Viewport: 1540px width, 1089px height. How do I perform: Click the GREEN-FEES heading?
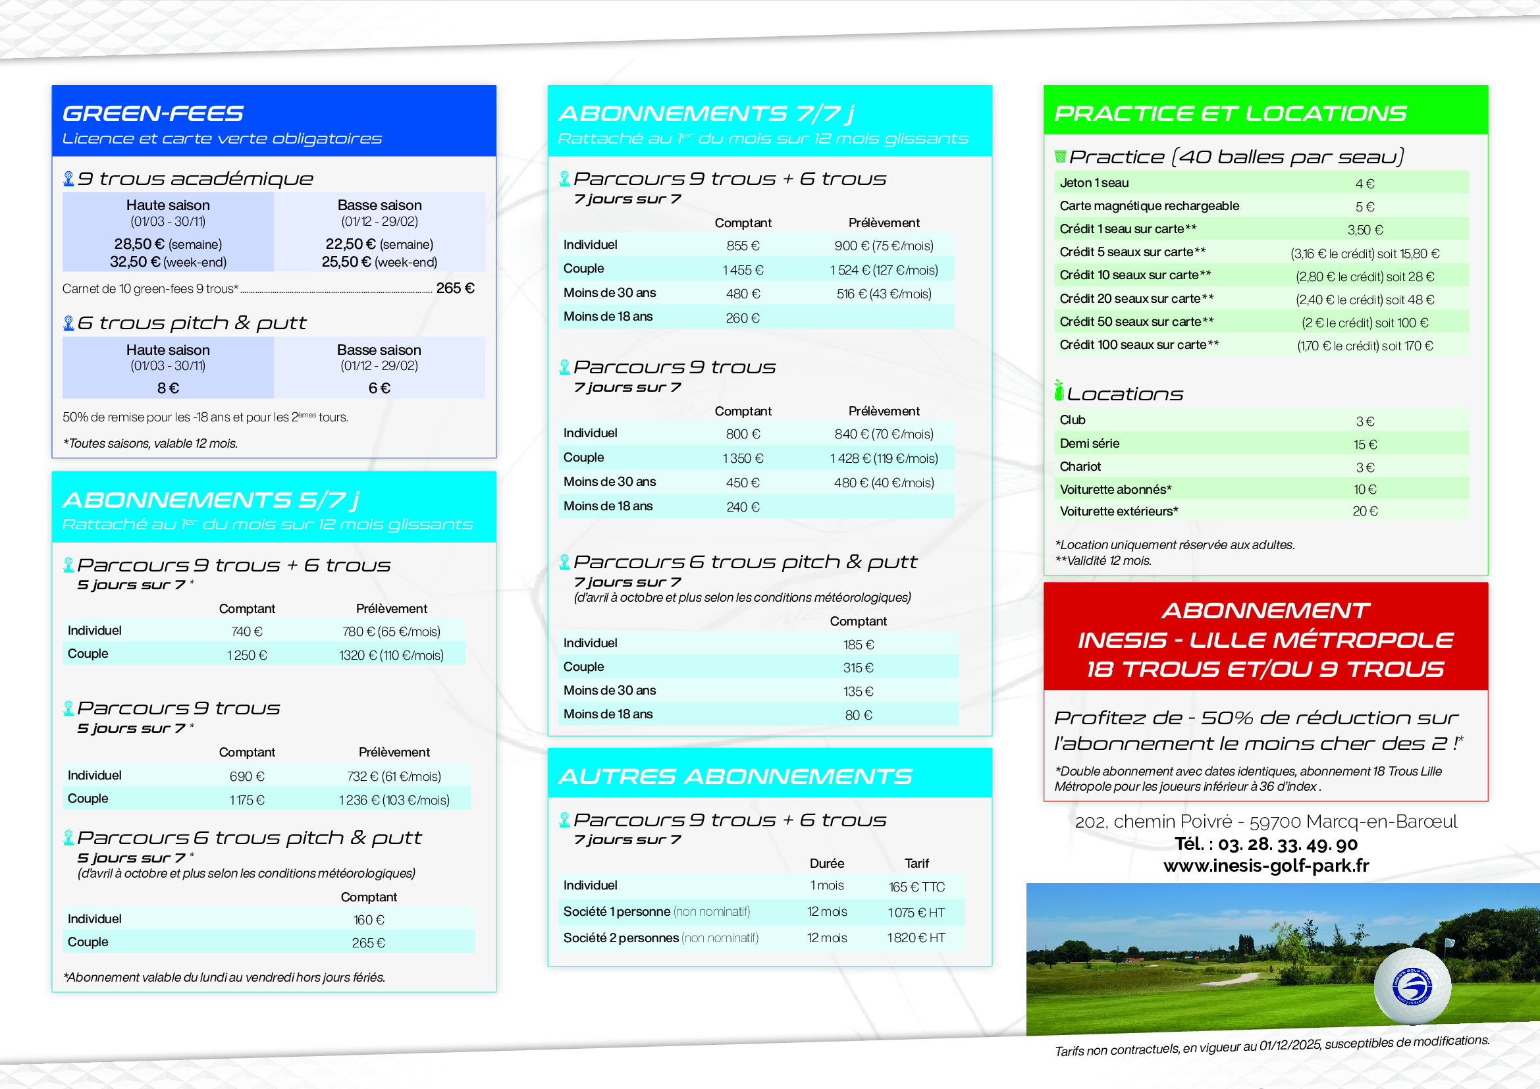(x=153, y=113)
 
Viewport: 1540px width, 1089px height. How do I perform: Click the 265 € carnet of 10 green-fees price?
(x=455, y=288)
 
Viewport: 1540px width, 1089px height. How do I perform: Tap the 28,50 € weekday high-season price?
(x=140, y=244)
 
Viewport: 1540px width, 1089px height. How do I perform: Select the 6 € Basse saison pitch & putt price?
(x=379, y=388)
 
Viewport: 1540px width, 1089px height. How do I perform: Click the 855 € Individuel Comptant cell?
(x=742, y=246)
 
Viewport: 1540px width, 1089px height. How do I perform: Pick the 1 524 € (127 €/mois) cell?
(x=884, y=270)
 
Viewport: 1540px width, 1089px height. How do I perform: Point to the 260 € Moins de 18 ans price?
(x=742, y=319)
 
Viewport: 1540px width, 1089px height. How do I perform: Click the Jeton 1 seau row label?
(x=1094, y=183)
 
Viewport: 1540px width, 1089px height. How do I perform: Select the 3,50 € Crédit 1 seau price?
(x=1364, y=230)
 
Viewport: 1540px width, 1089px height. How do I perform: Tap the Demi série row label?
(x=1089, y=443)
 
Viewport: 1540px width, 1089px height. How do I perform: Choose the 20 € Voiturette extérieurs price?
(x=1364, y=512)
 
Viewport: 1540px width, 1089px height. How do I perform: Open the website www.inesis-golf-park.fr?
(x=1265, y=866)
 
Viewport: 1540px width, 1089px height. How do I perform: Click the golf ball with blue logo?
(x=1411, y=986)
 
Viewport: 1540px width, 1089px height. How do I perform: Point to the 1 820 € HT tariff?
(x=916, y=938)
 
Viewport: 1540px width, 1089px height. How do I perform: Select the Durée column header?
(x=826, y=864)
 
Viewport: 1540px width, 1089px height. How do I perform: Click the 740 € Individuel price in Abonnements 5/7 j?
(x=246, y=631)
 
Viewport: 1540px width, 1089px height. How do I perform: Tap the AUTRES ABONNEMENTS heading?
(x=735, y=776)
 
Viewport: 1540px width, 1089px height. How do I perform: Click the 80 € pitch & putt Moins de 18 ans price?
(x=858, y=716)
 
